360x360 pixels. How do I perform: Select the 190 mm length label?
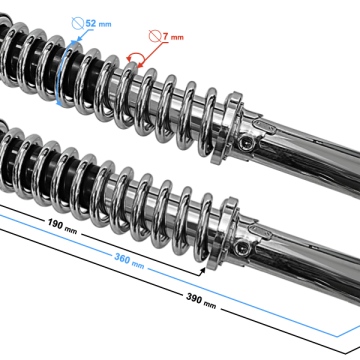pyautogui.click(x=62, y=225)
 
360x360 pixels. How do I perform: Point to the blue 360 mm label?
pyautogui.click(x=129, y=260)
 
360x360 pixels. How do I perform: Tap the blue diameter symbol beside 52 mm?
pyautogui.click(x=78, y=23)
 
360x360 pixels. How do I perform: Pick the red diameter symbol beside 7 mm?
pyautogui.click(x=155, y=36)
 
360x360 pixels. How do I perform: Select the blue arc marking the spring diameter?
pyautogui.click(x=63, y=75)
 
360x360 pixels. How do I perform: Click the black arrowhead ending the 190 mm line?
pyautogui.click(x=202, y=271)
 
